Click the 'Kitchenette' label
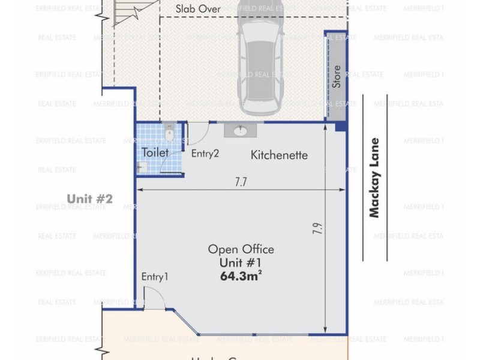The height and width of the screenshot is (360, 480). tap(279, 155)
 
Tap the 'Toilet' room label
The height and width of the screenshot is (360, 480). tap(155, 153)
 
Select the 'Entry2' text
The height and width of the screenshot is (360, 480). tap(205, 154)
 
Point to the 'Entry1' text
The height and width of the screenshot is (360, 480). tap(155, 277)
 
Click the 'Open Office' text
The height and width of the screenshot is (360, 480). tap(241, 250)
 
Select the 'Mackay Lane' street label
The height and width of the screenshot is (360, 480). tap(375, 178)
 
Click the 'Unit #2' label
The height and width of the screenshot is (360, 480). tap(90, 199)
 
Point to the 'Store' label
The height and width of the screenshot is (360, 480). tap(337, 77)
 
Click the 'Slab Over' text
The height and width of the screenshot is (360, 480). tap(198, 9)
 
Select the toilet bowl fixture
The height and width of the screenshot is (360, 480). tap(169, 133)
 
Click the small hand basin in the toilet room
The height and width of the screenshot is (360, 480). tap(142, 168)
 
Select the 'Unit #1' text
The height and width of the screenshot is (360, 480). tap(241, 263)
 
